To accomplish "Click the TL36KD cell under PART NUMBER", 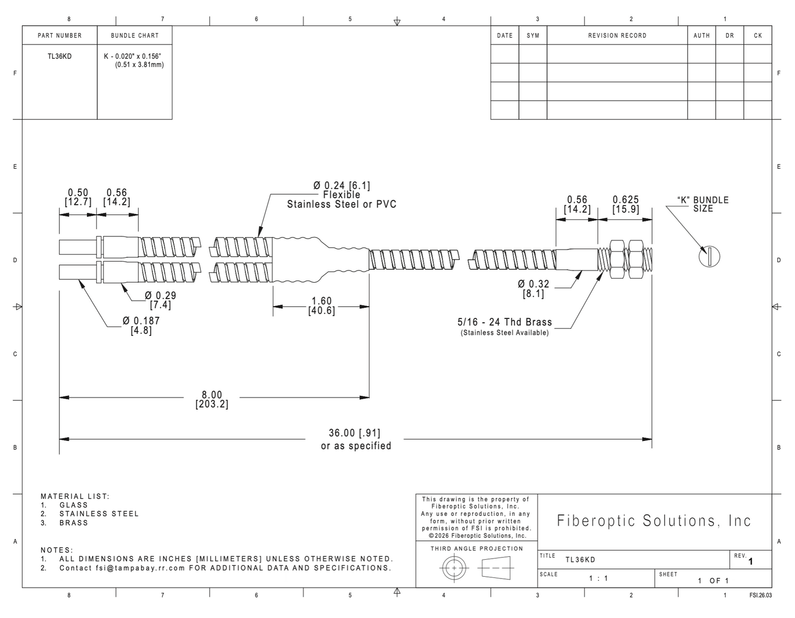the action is pyautogui.click(x=59, y=56).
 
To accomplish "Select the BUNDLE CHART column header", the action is pyautogui.click(x=135, y=35).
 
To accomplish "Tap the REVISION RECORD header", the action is pyautogui.click(x=617, y=35).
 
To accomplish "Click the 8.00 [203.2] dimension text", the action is pyautogui.click(x=212, y=400).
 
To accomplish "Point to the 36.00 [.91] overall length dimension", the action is pyautogui.click(x=354, y=433).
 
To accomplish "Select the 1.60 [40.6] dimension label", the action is pyautogui.click(x=322, y=306).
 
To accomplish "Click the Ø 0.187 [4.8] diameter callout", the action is pyautogui.click(x=141, y=325).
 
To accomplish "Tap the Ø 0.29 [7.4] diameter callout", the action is pyautogui.click(x=160, y=300).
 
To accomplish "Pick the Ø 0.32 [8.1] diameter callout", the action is pyautogui.click(x=534, y=289).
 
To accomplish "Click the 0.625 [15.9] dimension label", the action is pyautogui.click(x=626, y=205).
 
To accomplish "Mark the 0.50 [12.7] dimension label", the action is pyautogui.click(x=78, y=197).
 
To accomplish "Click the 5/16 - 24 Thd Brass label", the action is pyautogui.click(x=505, y=322).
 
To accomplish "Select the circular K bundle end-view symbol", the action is pyautogui.click(x=709, y=257).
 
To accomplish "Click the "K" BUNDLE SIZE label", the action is pyautogui.click(x=703, y=205).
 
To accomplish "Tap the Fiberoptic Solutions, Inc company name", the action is pyautogui.click(x=654, y=521).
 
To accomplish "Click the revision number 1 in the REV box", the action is pyautogui.click(x=751, y=561).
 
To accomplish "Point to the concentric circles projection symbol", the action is pyautogui.click(x=454, y=568).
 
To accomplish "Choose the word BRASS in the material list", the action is pyautogui.click(x=74, y=523).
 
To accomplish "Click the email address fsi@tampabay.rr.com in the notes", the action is pyautogui.click(x=140, y=568).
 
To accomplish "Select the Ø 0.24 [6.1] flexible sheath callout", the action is pyautogui.click(x=342, y=195).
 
